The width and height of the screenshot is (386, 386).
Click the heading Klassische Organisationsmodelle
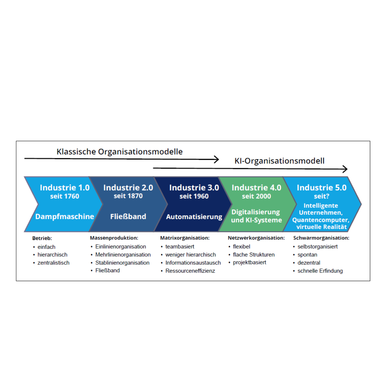coord(120,152)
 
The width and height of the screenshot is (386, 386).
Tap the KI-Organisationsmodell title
coord(279,161)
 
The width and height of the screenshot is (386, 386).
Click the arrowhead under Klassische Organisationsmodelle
coord(216,160)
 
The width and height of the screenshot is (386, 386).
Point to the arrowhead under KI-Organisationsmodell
coord(345,169)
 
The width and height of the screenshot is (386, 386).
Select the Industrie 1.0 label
coord(65,188)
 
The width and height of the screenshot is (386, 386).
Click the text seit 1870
coord(128,196)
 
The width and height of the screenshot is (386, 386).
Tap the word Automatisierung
coord(194,217)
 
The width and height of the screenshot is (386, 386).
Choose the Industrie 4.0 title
coord(256,188)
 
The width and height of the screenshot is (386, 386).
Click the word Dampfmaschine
coord(65,216)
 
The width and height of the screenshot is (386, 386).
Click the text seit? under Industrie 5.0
coord(321,196)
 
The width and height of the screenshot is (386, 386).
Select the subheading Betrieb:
coord(42,238)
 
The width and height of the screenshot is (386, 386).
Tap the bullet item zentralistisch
coord(53,262)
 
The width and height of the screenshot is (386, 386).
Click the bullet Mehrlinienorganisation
coord(123,254)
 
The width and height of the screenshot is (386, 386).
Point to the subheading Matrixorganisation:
coord(185,238)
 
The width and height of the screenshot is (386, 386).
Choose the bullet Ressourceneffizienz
coord(190,271)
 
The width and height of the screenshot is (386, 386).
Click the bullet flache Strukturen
coord(253,254)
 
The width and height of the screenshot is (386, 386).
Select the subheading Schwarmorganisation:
coord(321,238)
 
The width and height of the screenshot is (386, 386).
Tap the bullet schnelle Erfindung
coord(320,271)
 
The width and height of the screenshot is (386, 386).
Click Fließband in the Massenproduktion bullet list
coord(107,271)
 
